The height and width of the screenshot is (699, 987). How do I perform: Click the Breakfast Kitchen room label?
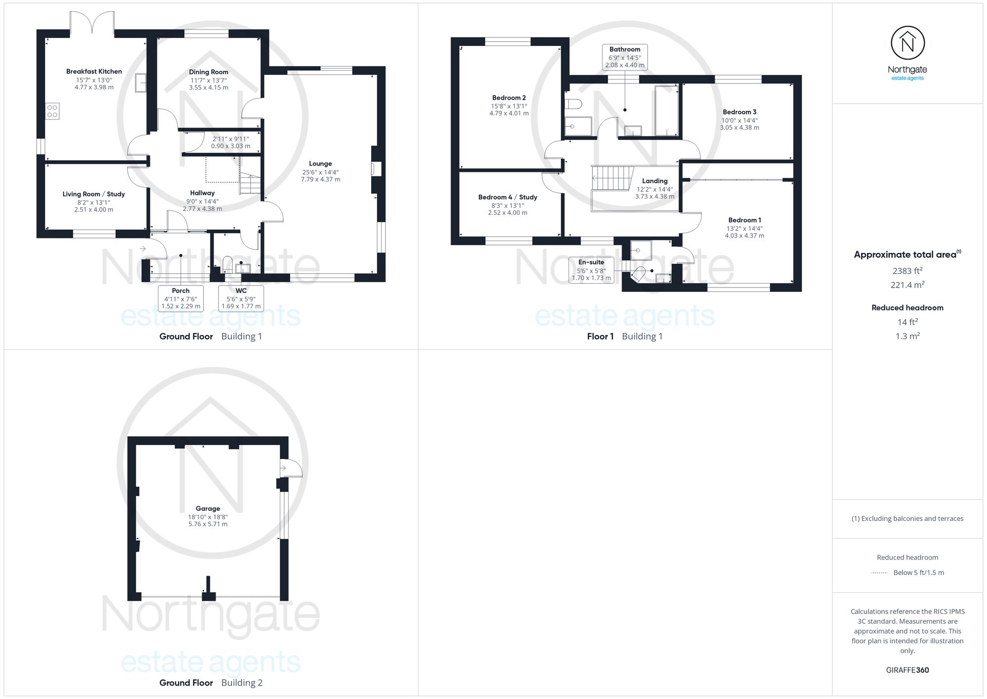[94, 72]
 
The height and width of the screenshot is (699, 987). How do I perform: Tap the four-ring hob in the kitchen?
[52, 111]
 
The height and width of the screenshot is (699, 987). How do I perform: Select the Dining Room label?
[208, 72]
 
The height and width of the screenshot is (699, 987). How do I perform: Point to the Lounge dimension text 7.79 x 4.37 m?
[320, 179]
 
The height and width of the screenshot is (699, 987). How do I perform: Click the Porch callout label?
[181, 290]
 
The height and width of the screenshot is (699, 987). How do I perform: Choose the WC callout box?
[241, 298]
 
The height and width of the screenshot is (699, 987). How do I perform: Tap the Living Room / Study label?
[94, 194]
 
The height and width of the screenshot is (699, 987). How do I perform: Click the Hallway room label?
[202, 193]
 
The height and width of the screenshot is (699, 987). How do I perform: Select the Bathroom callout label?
[625, 49]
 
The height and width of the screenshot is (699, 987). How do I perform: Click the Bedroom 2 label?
[509, 98]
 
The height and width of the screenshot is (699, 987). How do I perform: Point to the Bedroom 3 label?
[739, 112]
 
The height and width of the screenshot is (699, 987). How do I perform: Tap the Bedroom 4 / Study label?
[507, 197]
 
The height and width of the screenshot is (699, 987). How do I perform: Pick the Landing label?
[654, 181]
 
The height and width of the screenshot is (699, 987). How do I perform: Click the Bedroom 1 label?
[744, 220]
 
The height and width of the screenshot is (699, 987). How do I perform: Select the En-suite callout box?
[591, 270]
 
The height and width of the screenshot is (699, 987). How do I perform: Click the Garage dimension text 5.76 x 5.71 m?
[208, 524]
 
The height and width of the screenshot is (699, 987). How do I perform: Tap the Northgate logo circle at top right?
[908, 43]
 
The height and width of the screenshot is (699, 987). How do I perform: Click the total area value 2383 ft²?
[908, 271]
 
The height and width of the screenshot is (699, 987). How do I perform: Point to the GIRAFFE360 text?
[908, 670]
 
